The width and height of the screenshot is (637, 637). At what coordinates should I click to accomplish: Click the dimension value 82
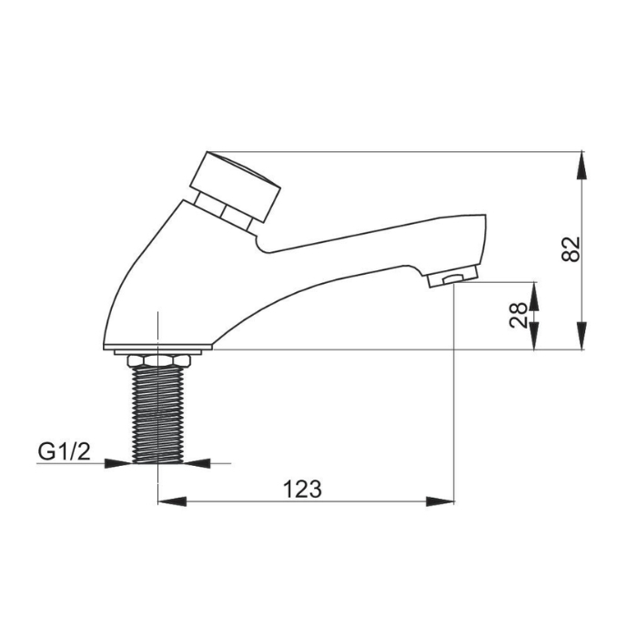571,248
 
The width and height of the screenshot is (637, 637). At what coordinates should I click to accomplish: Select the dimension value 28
519,315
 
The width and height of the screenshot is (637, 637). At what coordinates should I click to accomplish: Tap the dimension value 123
302,489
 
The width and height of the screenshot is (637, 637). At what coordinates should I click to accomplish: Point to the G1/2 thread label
65,451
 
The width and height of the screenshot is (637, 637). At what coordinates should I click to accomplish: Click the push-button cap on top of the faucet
236,186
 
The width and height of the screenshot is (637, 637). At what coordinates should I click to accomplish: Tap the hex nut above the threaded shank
159,360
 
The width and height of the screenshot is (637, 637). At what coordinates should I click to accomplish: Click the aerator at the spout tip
452,277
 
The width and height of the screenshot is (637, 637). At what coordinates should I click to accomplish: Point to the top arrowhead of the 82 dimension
582,165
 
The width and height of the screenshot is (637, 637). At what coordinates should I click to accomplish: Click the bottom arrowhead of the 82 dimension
582,336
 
